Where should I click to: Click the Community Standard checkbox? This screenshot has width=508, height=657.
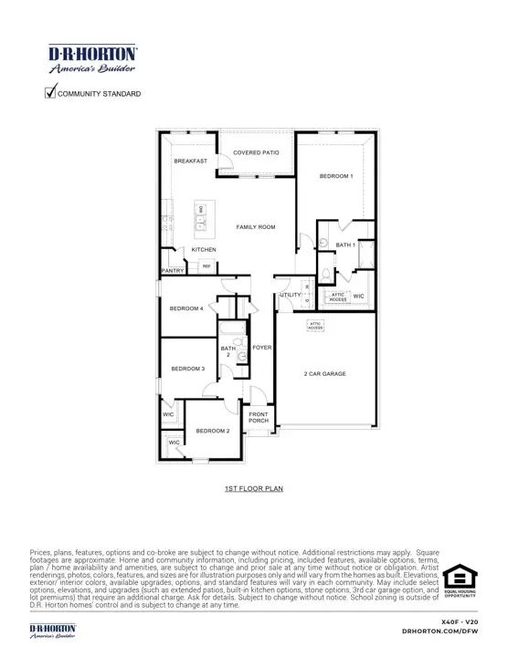pyautogui.click(x=51, y=93)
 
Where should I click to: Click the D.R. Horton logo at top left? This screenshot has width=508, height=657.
pyautogui.click(x=92, y=58)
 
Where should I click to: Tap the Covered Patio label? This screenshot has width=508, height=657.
pyautogui.click(x=256, y=153)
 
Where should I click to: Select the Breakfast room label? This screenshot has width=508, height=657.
pyautogui.click(x=191, y=162)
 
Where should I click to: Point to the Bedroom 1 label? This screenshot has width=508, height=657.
pyautogui.click(x=335, y=176)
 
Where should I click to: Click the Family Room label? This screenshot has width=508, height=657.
pyautogui.click(x=256, y=227)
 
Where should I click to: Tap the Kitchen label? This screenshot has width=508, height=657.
pyautogui.click(x=204, y=250)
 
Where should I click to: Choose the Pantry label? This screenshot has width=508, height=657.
pyautogui.click(x=174, y=271)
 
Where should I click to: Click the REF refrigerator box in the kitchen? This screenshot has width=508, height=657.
pyautogui.click(x=206, y=266)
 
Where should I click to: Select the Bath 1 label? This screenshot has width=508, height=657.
pyautogui.click(x=345, y=245)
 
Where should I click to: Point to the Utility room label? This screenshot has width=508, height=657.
pyautogui.click(x=290, y=296)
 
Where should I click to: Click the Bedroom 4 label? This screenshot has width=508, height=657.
pyautogui.click(x=187, y=308)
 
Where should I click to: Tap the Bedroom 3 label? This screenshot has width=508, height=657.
pyautogui.click(x=188, y=369)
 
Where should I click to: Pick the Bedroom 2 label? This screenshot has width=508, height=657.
pyautogui.click(x=212, y=431)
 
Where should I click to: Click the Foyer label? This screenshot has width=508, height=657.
pyautogui.click(x=262, y=348)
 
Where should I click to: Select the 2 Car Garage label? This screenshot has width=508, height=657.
pyautogui.click(x=324, y=374)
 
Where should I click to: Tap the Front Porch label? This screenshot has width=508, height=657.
pyautogui.click(x=259, y=418)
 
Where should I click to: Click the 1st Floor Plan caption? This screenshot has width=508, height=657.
pyautogui.click(x=253, y=489)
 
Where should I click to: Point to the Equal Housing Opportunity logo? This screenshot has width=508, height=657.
pyautogui.click(x=460, y=579)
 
